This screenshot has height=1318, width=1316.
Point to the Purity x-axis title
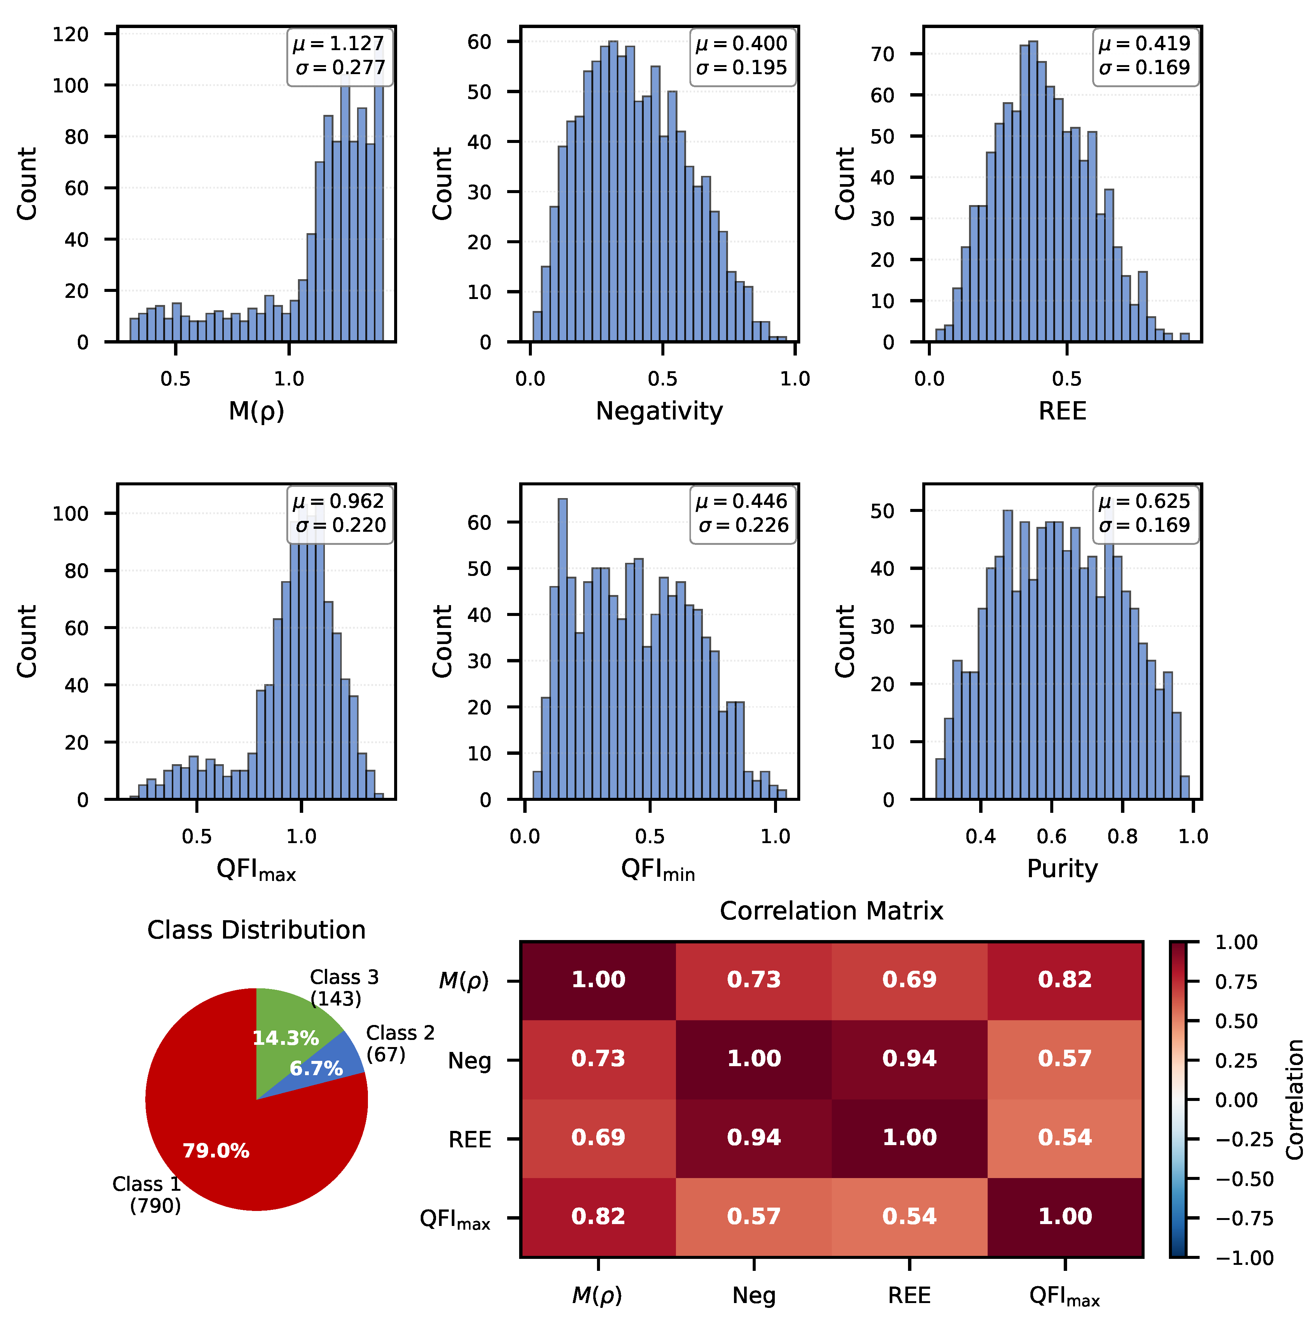click(1062, 869)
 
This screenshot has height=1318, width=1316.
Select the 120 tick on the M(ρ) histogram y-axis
click(71, 34)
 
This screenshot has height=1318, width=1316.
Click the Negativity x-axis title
click(659, 411)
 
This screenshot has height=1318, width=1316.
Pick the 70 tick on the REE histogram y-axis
click(883, 55)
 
